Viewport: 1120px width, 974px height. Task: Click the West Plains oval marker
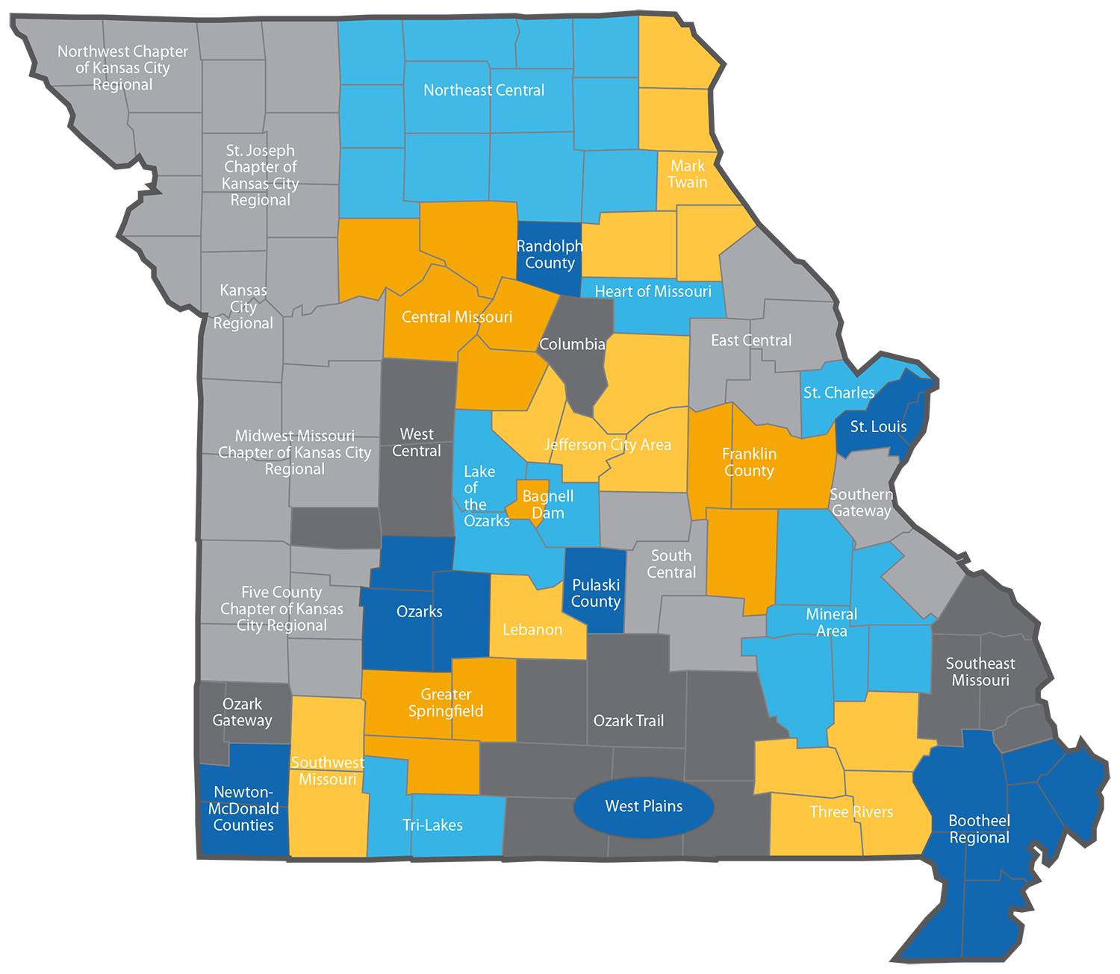tap(644, 806)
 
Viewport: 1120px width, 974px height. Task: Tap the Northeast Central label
tap(484, 90)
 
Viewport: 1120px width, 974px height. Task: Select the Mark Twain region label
tap(687, 174)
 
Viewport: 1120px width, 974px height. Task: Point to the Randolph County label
tap(550, 255)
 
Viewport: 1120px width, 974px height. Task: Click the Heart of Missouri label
tap(653, 291)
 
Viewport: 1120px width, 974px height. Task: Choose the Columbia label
tap(572, 344)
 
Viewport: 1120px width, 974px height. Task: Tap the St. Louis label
tap(878, 427)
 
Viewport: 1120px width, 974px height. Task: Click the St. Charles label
tap(839, 393)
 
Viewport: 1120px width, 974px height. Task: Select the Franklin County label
tap(749, 462)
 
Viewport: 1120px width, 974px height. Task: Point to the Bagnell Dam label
tap(547, 505)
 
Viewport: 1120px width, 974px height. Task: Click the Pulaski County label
tap(596, 593)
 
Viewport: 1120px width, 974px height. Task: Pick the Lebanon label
tap(532, 630)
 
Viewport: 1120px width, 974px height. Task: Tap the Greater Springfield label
tap(446, 702)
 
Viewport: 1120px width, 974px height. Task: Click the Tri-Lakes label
tap(432, 825)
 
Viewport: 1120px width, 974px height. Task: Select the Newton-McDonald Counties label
tap(243, 808)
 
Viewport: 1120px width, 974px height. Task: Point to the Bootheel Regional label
tap(979, 829)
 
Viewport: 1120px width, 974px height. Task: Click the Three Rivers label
tap(851, 812)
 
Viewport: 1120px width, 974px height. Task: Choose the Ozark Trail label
tap(628, 720)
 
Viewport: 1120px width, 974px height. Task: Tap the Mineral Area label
tap(831, 622)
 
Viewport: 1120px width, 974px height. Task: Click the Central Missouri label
tap(457, 317)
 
